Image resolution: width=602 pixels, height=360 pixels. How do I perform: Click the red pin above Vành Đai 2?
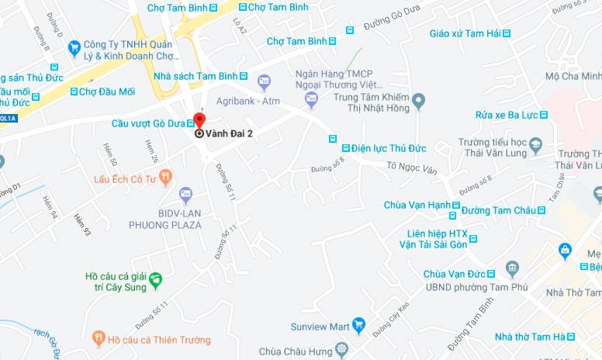click(x=199, y=120)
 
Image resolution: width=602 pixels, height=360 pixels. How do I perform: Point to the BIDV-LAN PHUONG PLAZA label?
click(x=165, y=220)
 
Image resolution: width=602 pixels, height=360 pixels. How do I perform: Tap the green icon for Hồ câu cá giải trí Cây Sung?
click(x=156, y=278)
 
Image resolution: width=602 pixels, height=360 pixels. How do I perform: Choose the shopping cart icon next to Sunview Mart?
click(x=358, y=325)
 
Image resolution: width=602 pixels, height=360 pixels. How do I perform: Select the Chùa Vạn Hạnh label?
click(x=417, y=205)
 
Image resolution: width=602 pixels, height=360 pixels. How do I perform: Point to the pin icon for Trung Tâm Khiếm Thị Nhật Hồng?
click(x=418, y=100)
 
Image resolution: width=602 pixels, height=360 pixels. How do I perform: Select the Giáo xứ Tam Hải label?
click(x=463, y=33)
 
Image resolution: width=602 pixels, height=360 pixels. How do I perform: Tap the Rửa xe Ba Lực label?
click(x=507, y=115)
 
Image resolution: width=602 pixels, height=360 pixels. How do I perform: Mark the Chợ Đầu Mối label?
click(x=108, y=92)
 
